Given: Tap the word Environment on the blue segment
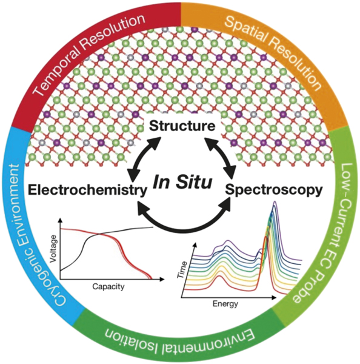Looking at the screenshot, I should [21, 200].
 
